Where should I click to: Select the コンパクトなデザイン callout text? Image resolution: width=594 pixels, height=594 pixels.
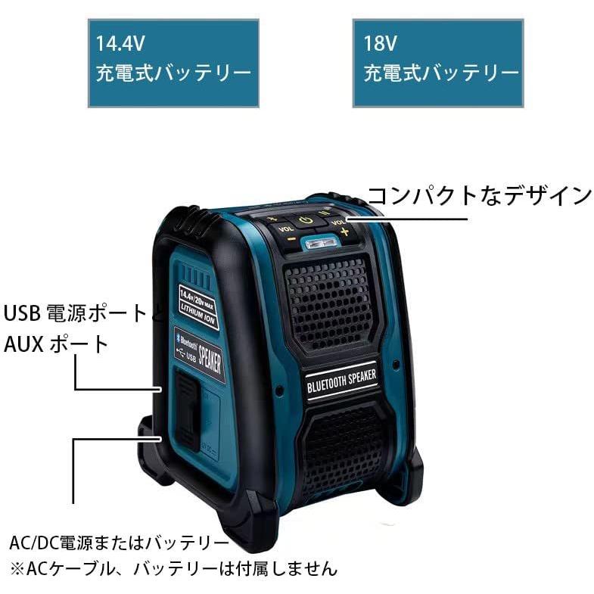[479, 195]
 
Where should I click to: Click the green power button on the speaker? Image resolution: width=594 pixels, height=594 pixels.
[305, 221]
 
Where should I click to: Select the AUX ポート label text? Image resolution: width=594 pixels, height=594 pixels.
[57, 344]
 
